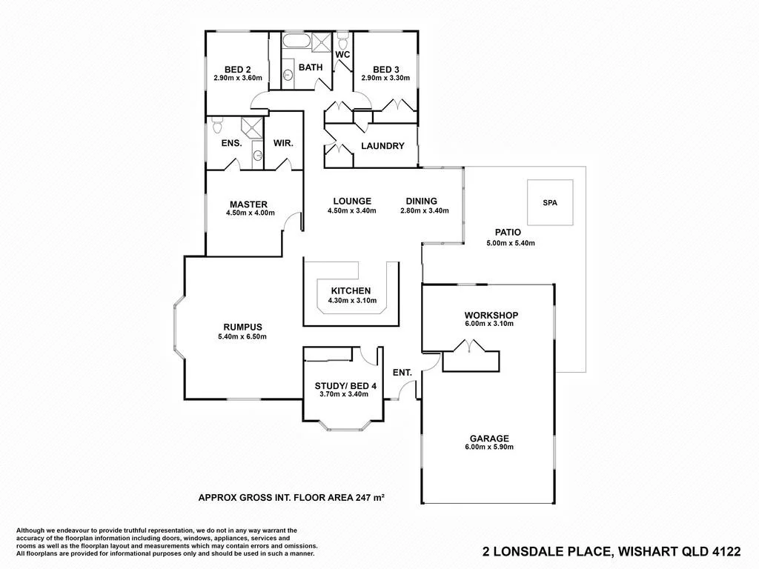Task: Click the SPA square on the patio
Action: [x=549, y=202]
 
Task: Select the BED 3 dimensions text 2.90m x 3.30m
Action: [x=385, y=78]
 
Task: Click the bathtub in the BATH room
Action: [x=297, y=41]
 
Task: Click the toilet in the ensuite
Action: [x=217, y=124]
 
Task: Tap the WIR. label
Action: [x=284, y=143]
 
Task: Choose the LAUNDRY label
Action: [x=382, y=146]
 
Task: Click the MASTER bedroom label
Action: [x=248, y=204]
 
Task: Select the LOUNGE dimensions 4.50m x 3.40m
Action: [x=352, y=210]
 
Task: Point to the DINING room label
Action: [x=421, y=201]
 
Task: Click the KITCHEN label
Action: [x=351, y=290]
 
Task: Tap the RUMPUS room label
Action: [x=242, y=327]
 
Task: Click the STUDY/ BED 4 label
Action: [x=345, y=385]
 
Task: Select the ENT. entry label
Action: [x=402, y=373]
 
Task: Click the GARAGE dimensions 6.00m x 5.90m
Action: [x=488, y=447]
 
